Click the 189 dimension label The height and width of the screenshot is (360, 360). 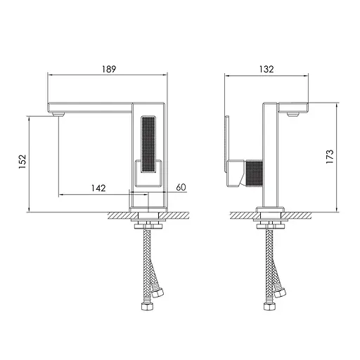[109, 69]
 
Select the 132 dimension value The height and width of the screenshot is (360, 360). [266, 69]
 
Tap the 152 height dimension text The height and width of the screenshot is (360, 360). [22, 162]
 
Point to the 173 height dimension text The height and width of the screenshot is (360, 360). [330, 157]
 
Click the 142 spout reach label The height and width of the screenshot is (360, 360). [98, 188]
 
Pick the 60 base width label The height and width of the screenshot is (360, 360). [181, 187]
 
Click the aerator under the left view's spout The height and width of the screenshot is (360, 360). [58, 115]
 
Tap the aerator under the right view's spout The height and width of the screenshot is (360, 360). [293, 115]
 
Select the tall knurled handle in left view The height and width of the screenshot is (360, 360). [148, 144]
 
